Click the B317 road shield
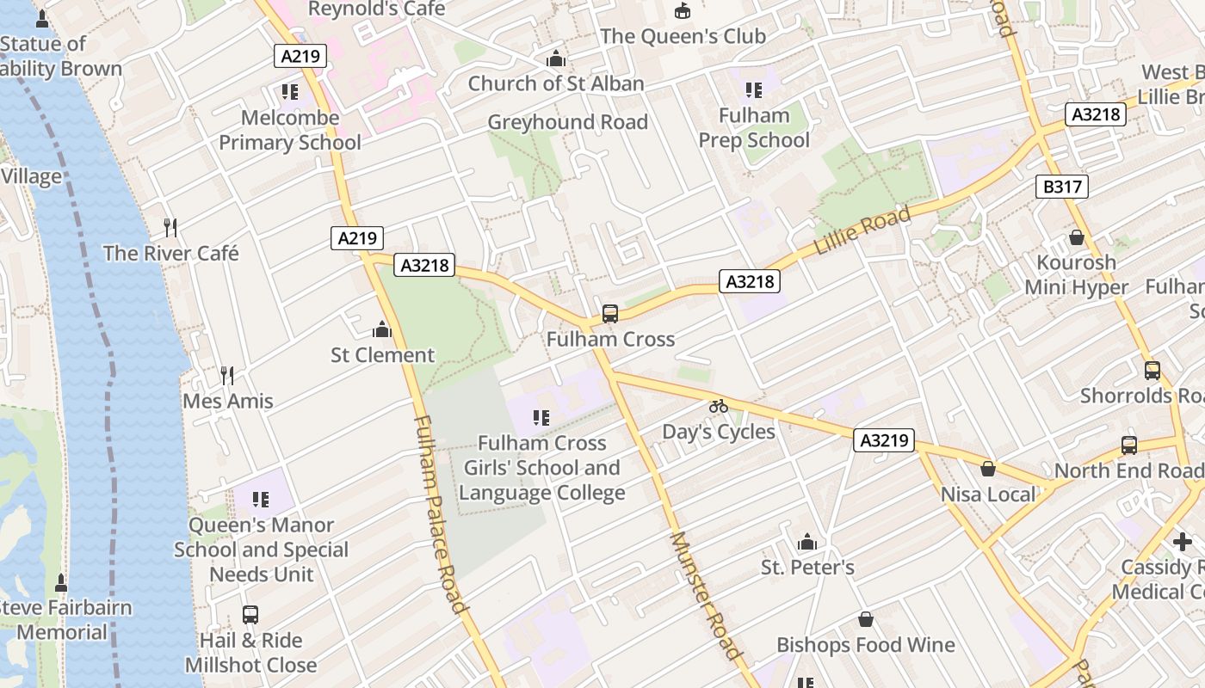(x=1062, y=187)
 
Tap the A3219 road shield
(x=884, y=440)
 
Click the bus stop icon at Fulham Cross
(x=610, y=314)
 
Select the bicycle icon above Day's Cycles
(x=719, y=406)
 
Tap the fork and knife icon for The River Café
(x=170, y=228)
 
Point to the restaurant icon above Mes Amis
(x=227, y=376)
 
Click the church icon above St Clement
(x=381, y=329)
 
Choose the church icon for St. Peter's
(x=806, y=543)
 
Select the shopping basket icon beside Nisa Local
(x=988, y=469)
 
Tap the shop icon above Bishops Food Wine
(x=866, y=620)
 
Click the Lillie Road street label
(x=862, y=231)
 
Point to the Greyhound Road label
(x=567, y=122)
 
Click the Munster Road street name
(x=705, y=595)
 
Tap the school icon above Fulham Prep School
(x=754, y=90)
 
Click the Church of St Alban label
(x=556, y=83)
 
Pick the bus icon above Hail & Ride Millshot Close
(x=250, y=615)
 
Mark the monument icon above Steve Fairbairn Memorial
(x=61, y=583)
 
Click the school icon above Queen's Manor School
(x=262, y=500)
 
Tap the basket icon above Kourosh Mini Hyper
(x=1076, y=237)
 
